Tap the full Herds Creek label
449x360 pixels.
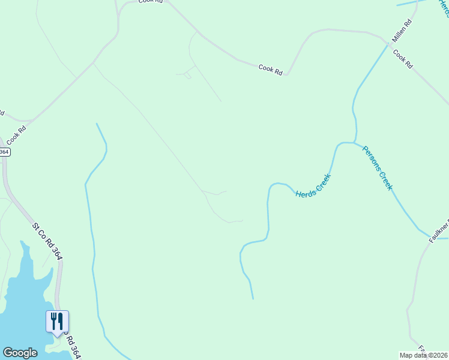click(313, 186)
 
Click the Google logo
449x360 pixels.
click(20, 353)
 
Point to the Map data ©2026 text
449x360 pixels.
click(423, 355)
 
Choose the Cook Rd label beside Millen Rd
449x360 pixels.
click(403, 58)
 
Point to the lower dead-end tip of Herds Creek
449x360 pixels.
click(253, 298)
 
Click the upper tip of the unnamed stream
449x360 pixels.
click(97, 124)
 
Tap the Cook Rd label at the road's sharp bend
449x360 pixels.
click(270, 69)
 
